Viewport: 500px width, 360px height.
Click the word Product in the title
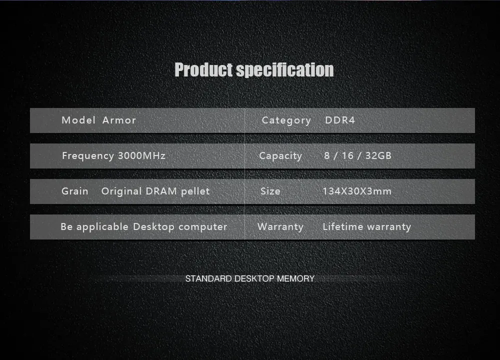click(203, 70)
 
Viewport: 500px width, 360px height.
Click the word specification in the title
click(285, 70)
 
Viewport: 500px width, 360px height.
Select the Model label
click(78, 120)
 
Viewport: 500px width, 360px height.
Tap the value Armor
click(119, 120)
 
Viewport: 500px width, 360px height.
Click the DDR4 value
click(340, 120)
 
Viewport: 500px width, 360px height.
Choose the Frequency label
click(88, 156)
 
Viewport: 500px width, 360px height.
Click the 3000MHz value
click(142, 155)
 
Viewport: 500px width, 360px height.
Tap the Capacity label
click(280, 156)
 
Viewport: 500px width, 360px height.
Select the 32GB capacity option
click(378, 155)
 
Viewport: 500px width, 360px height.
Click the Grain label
click(75, 191)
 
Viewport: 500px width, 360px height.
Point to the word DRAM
click(161, 191)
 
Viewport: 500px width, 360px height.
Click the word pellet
click(195, 191)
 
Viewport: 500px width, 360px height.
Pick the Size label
click(270, 191)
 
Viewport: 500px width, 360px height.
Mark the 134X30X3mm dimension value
click(357, 191)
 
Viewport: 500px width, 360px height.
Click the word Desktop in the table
click(153, 227)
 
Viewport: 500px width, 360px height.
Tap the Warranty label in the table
click(280, 227)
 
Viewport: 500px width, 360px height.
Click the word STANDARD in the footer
click(208, 278)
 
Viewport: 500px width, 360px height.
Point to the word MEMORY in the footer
click(295, 278)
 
